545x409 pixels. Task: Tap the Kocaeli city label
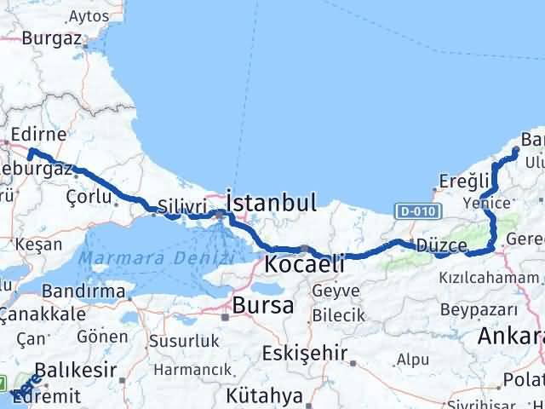point(306,264)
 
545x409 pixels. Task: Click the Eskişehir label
point(293,352)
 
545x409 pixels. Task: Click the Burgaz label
point(51,37)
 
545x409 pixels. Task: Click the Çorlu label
point(89,196)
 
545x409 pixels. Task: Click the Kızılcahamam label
point(488,279)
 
